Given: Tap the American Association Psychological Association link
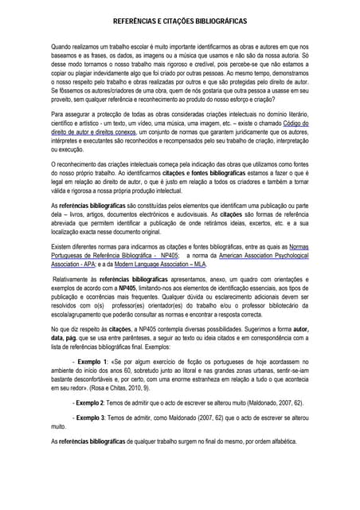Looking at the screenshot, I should point(252,255).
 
